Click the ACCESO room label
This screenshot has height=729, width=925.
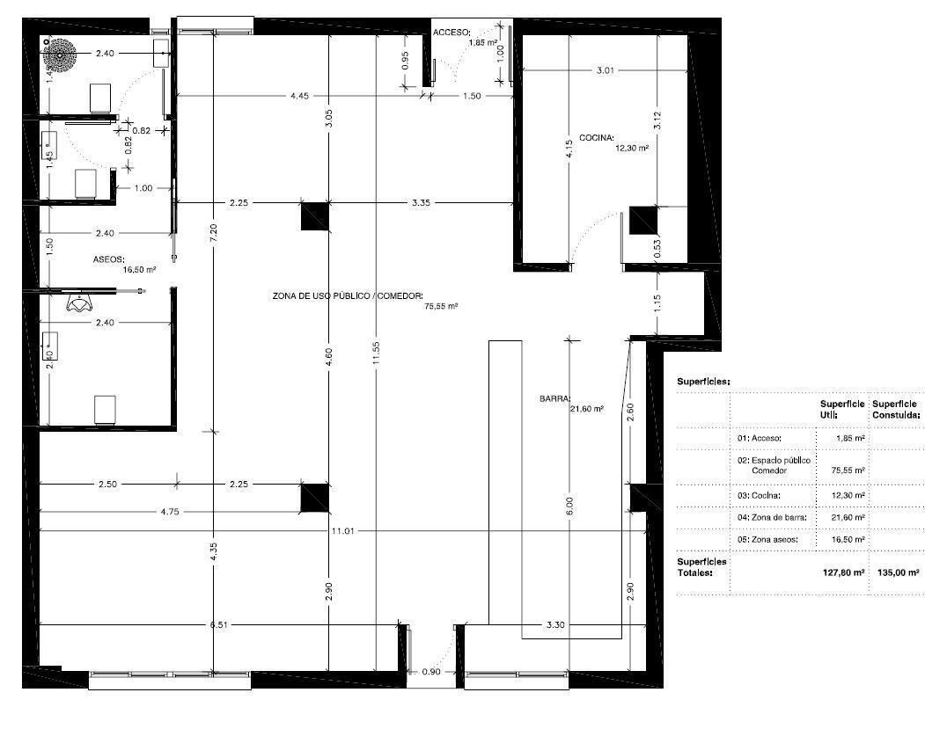[x=451, y=32]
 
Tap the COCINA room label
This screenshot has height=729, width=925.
[x=597, y=138]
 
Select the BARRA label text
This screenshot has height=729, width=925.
[x=556, y=398]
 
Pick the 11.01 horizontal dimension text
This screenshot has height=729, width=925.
[x=341, y=531]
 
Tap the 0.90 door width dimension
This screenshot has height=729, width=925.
[x=431, y=672]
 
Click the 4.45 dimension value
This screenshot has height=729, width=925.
[x=300, y=96]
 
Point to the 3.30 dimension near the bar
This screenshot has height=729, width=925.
[x=555, y=625]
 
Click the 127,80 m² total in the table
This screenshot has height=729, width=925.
[x=841, y=572]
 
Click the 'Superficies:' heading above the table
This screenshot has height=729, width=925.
[x=703, y=383]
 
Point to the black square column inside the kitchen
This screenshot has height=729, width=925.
[x=642, y=219]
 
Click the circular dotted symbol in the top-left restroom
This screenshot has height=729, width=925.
[x=61, y=55]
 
